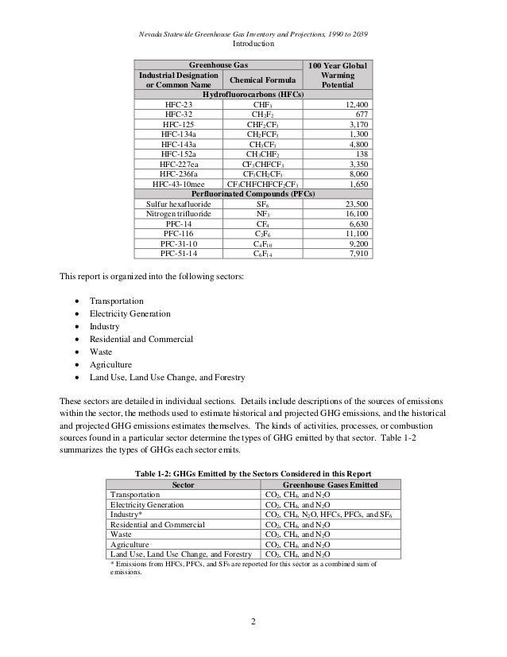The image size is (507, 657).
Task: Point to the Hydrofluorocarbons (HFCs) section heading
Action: coord(253,95)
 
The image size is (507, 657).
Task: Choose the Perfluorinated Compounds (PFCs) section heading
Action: coord(253,193)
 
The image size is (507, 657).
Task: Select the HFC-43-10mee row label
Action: coord(178,184)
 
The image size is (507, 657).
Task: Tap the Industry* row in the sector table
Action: coord(126,515)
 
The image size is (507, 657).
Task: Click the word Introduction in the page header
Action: coord(252,44)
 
